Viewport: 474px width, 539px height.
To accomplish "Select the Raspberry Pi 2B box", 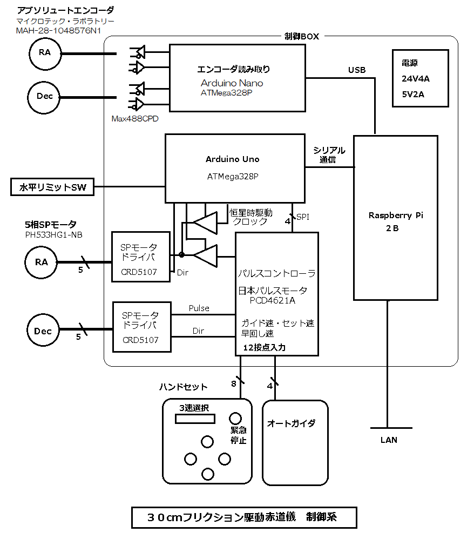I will [x=395, y=218].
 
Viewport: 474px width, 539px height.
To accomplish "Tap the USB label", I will [x=356, y=70].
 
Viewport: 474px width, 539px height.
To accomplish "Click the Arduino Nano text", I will [x=232, y=83].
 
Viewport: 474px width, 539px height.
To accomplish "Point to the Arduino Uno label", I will [x=232, y=159].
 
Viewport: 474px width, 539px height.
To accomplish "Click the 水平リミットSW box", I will [x=52, y=187].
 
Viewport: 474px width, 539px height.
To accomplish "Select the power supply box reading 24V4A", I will [x=421, y=78].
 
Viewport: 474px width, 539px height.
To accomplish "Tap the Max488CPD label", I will [x=134, y=118].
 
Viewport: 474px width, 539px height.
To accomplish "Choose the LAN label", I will [x=388, y=440].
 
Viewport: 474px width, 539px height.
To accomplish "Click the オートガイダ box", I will [x=295, y=442].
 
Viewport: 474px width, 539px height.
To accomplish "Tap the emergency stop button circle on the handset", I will [x=235, y=418].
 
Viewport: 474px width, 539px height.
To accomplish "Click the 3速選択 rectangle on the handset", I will [x=194, y=419].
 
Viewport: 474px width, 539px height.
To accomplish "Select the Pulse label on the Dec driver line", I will [x=199, y=308].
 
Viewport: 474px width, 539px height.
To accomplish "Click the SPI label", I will [x=302, y=217].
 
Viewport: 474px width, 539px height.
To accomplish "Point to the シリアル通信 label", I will [x=329, y=155].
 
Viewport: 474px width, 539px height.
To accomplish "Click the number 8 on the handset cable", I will [x=233, y=384].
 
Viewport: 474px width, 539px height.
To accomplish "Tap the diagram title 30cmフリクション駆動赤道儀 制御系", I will [x=243, y=517].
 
